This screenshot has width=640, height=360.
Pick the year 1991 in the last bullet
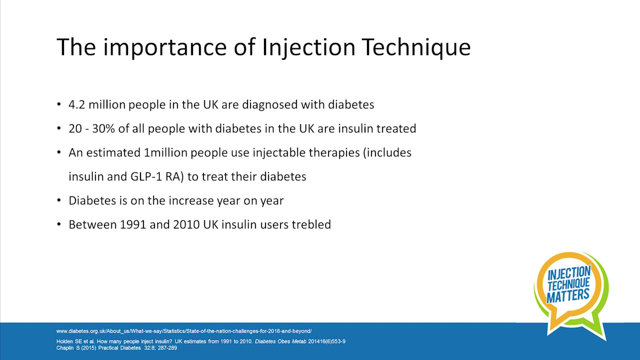[x=133, y=224]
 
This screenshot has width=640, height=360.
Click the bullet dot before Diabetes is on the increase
[x=59, y=201]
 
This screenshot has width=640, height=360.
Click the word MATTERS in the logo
[x=568, y=295]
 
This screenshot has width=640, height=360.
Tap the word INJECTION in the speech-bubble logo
[x=569, y=273]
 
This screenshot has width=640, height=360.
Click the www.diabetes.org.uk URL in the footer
[x=183, y=331]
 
